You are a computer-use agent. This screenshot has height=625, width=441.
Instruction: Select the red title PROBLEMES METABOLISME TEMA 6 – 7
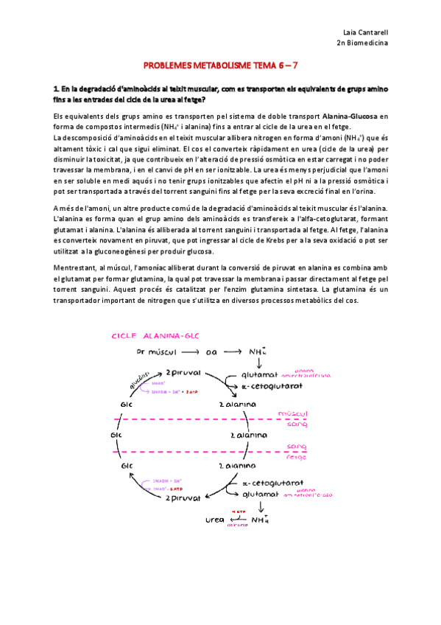[x=219, y=65]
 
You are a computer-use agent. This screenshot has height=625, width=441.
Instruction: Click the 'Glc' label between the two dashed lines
[x=116, y=435]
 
